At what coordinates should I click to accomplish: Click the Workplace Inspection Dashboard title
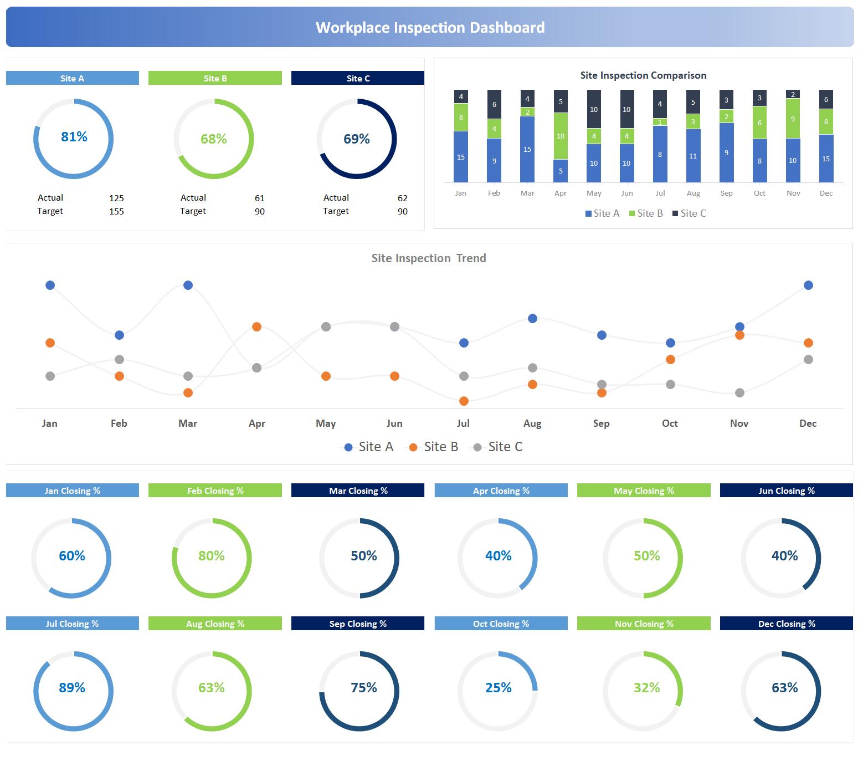[x=430, y=28]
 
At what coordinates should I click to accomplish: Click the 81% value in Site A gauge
[x=74, y=137]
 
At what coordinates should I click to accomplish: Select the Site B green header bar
[x=215, y=78]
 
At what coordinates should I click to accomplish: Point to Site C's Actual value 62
[x=402, y=198]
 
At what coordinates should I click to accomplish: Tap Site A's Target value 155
[x=116, y=212]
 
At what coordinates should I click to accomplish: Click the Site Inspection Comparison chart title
[x=643, y=75]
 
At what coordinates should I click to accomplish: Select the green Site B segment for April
[x=561, y=136]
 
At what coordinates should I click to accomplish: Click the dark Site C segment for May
[x=594, y=109]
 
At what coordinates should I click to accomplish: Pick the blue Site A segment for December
[x=826, y=159]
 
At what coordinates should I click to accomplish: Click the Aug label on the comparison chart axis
[x=693, y=193]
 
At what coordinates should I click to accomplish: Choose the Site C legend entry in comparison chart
[x=689, y=213]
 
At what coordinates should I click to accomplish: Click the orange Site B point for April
[x=256, y=327]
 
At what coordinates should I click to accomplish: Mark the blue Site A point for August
[x=532, y=319]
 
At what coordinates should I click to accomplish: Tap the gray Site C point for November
[x=739, y=393]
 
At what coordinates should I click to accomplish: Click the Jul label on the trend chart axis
[x=463, y=423]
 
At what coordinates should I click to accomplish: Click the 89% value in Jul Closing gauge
[x=72, y=688]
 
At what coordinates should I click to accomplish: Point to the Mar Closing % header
[x=358, y=491]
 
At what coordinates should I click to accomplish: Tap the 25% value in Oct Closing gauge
[x=498, y=688]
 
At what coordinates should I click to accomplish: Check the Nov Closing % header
[x=644, y=624]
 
